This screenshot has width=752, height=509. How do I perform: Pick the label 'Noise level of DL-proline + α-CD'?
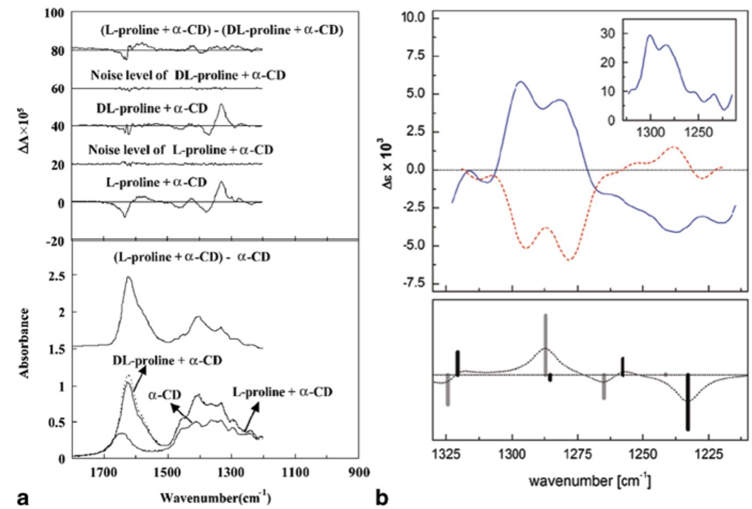(188, 75)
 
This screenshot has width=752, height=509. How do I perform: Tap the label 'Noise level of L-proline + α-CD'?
(181, 150)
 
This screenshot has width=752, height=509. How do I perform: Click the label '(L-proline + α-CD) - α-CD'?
(191, 257)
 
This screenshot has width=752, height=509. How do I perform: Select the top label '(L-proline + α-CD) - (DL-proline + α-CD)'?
(221, 30)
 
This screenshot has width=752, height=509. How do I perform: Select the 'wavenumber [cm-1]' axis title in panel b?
(589, 480)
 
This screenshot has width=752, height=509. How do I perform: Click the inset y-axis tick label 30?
(609, 33)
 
